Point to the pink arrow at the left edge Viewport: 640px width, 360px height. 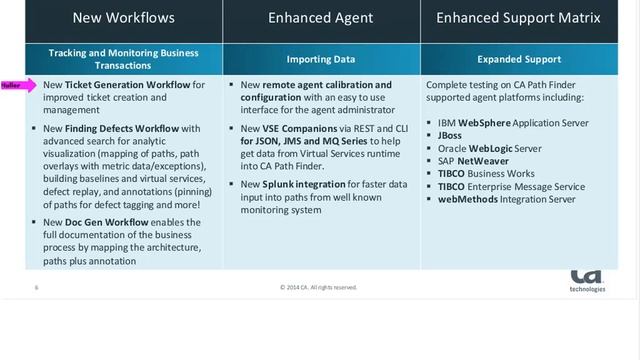18,86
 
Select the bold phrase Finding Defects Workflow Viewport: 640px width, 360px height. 114,128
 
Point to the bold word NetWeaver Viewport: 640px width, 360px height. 485,161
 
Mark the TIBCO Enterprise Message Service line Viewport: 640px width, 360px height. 511,186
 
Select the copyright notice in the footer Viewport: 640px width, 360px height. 319,287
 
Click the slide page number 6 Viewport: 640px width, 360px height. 37,287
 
